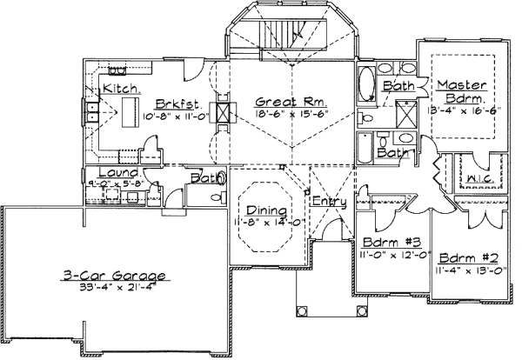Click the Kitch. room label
click(121, 90)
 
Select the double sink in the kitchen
click(91, 110)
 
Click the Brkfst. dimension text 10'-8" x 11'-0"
click(174, 115)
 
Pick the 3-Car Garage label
click(115, 276)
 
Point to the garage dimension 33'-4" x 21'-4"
click(115, 289)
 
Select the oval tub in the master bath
click(367, 88)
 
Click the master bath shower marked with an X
click(405, 113)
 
